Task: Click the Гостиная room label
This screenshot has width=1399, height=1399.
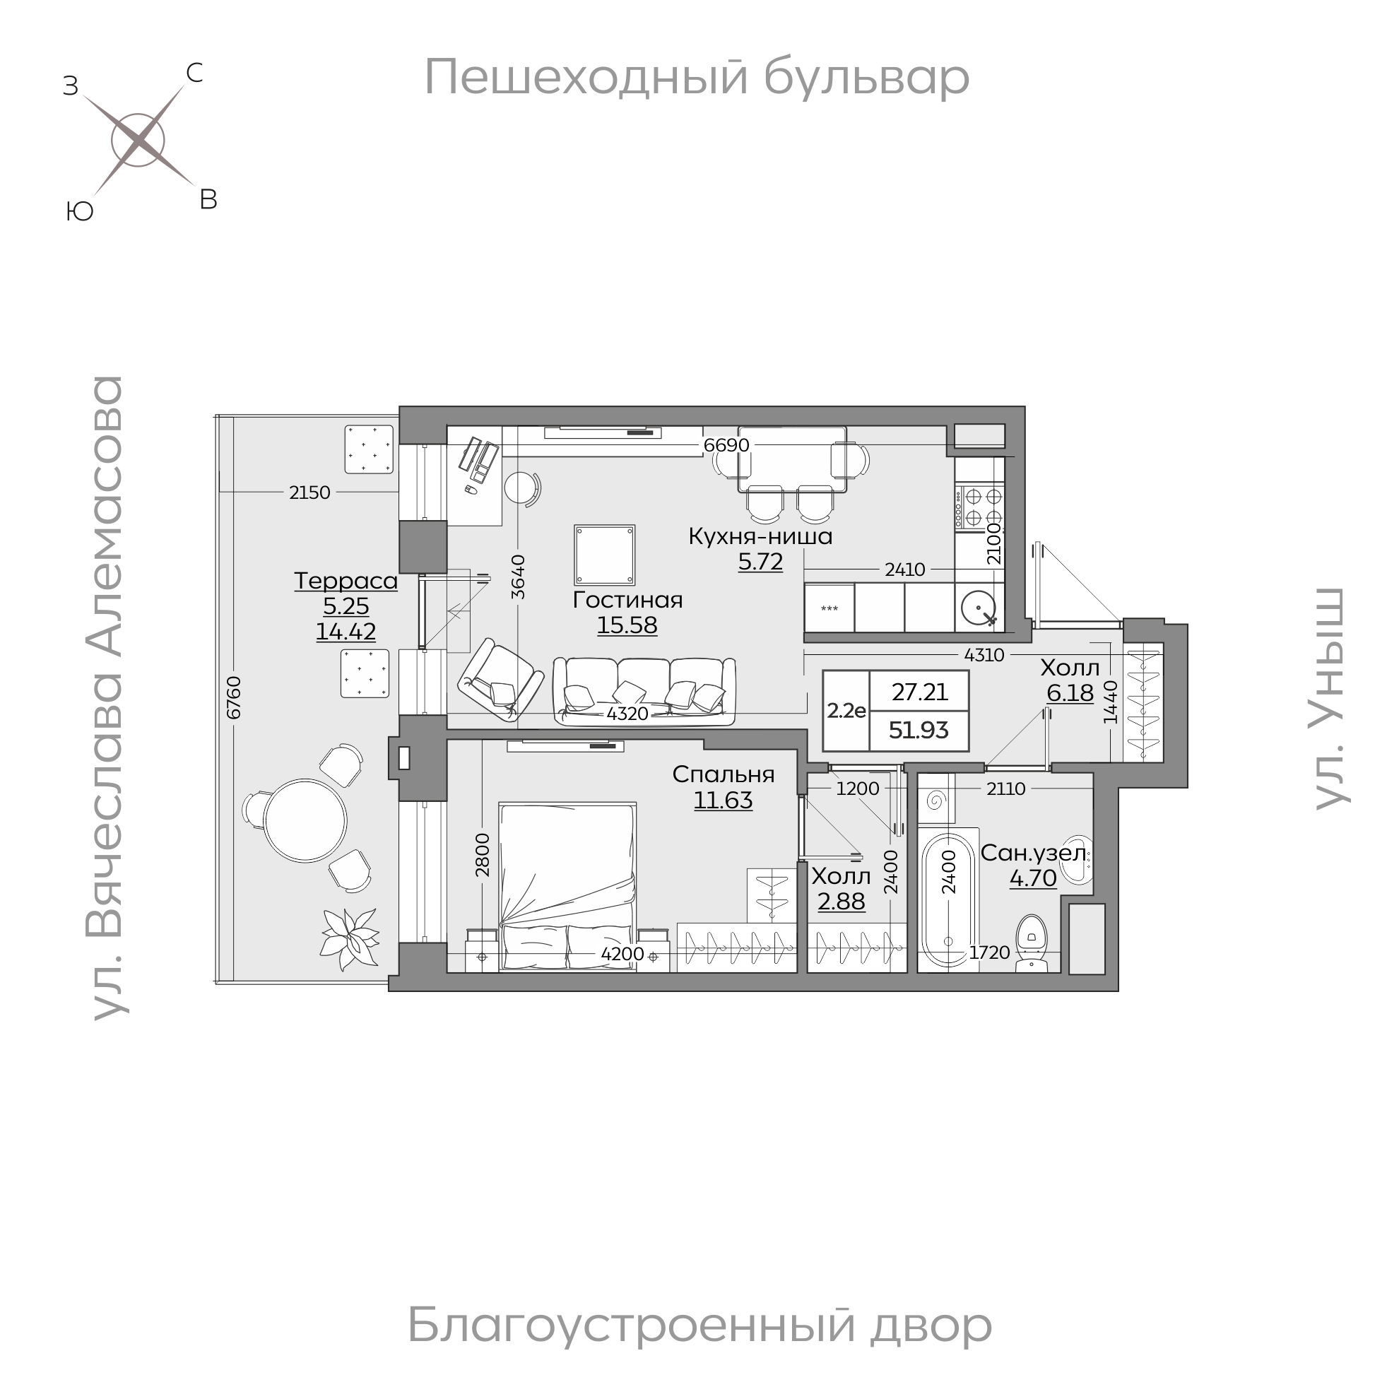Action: pos(627,600)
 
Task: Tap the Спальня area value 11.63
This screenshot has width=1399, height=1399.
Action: pos(723,800)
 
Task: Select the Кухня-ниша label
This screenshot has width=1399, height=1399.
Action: pos(760,536)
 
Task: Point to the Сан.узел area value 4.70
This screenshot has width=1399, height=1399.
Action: pos(1032,878)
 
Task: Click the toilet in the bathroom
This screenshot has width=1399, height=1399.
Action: pos(1031,942)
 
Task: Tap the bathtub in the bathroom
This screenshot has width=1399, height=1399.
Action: pos(949,901)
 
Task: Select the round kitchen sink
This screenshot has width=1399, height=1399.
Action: pos(979,607)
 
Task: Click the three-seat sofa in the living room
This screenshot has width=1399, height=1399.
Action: pos(644,691)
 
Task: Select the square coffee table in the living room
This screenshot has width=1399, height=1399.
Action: pos(605,555)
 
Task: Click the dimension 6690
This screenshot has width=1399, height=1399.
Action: pos(726,445)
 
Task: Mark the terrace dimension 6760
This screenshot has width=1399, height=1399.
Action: pos(233,697)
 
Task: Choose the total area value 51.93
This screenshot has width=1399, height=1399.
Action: pos(919,730)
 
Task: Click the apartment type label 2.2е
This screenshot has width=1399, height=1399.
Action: pos(846,710)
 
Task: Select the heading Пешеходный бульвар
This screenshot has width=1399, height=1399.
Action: pos(696,77)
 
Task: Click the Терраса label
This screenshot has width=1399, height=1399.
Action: pos(346,581)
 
